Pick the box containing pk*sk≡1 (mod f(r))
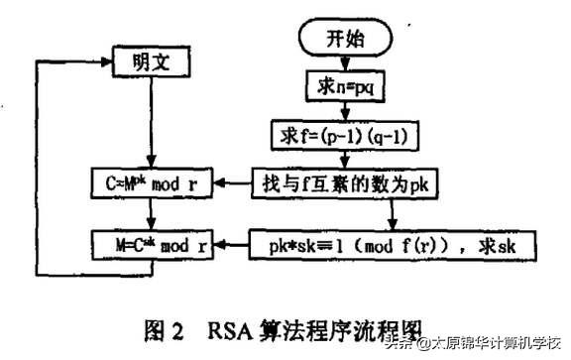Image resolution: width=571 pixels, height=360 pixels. pyautogui.click(x=393, y=241)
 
